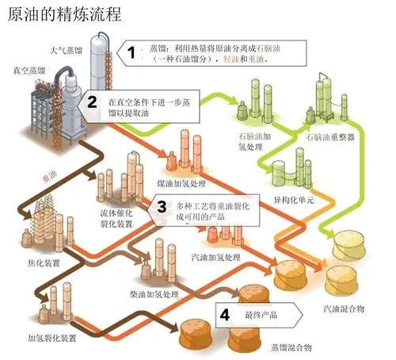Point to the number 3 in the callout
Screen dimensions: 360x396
(162, 207)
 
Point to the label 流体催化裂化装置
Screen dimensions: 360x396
(117, 219)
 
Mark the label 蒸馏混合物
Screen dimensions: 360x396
(289, 347)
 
